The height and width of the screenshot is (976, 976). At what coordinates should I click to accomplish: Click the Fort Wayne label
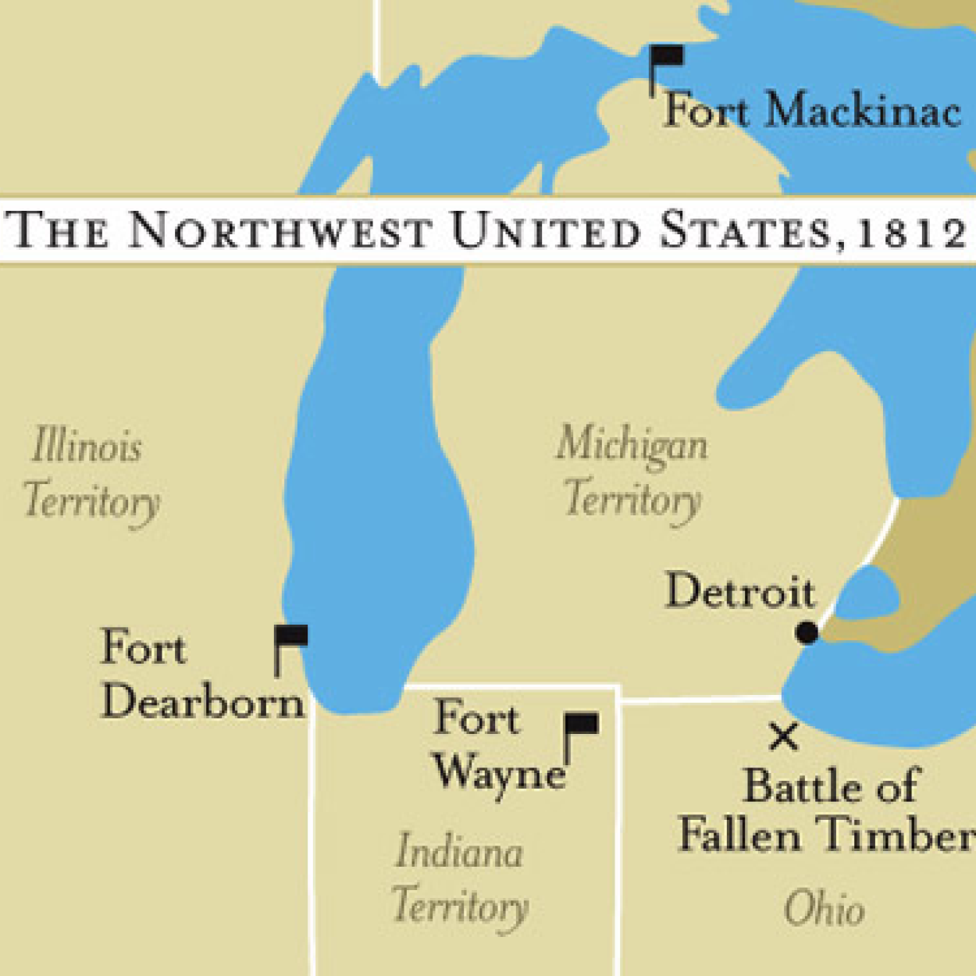tap(497, 745)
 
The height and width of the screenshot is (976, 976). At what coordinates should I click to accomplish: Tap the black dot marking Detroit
tap(807, 632)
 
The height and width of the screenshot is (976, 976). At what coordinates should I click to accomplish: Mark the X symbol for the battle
tap(783, 736)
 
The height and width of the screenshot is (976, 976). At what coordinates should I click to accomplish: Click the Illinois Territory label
tap(90, 473)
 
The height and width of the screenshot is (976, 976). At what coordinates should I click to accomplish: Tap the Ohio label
tap(825, 909)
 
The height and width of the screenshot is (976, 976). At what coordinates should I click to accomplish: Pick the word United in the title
tap(546, 231)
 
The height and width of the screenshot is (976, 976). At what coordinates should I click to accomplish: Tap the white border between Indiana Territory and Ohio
tap(618, 828)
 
